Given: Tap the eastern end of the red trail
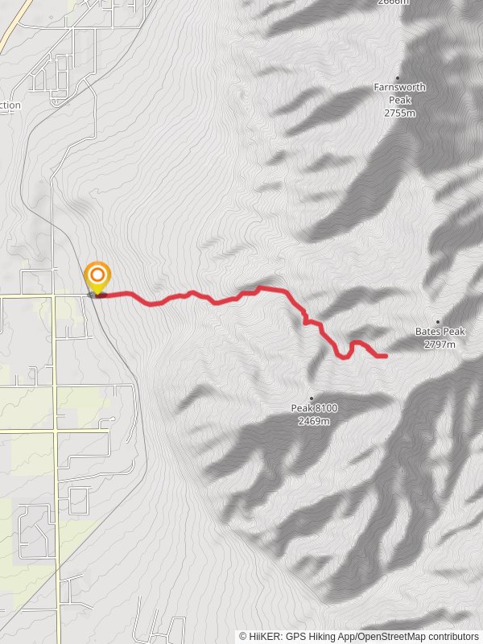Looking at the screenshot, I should pyautogui.click(x=385, y=355).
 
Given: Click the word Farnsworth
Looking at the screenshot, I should pyautogui.click(x=399, y=87).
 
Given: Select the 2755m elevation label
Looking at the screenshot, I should pyautogui.click(x=399, y=113).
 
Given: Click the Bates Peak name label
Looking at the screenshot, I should pyautogui.click(x=440, y=331).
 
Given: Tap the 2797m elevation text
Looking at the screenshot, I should pyautogui.click(x=440, y=345).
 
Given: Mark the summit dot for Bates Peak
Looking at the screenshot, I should pyautogui.click(x=439, y=320).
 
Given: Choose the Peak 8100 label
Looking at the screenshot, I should pyautogui.click(x=314, y=408).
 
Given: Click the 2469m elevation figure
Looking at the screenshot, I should pyautogui.click(x=314, y=421).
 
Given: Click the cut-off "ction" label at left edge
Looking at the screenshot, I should pyautogui.click(x=10, y=105).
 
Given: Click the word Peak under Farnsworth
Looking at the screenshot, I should pyautogui.click(x=399, y=100).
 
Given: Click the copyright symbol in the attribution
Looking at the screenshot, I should pyautogui.click(x=243, y=636).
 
